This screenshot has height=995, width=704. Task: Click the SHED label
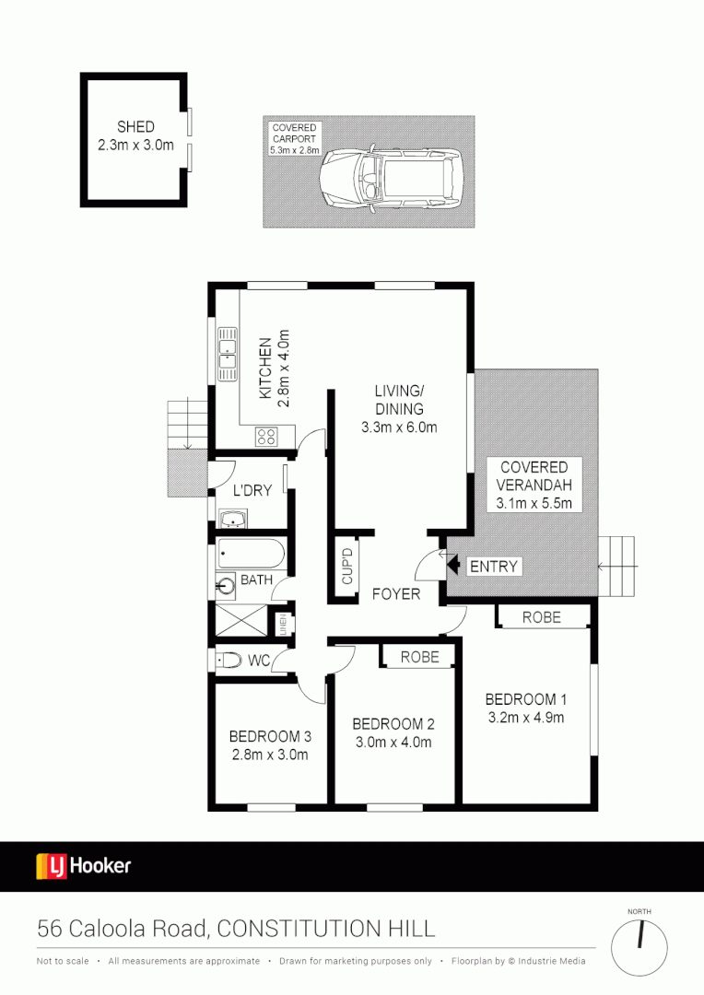pos(135,127)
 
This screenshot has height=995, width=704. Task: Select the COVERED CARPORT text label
pos(294,138)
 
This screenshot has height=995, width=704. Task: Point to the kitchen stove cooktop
pos(267,438)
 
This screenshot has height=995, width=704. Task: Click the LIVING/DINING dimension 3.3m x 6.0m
pos(398,427)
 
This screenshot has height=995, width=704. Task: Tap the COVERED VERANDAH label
pos(534,475)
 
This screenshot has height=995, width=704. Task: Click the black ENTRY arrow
pos(452,565)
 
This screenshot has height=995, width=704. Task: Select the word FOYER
pos(395,594)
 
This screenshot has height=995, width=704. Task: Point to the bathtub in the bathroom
pos(252,556)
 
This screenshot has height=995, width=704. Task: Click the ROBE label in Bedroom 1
pos(541,617)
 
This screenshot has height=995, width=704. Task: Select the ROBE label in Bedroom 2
pos(420,656)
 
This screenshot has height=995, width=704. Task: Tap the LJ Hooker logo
pos(84,866)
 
